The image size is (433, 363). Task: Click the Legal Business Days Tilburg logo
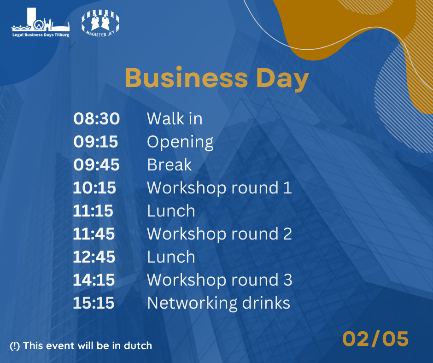(41, 23)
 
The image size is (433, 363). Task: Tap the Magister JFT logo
(100, 23)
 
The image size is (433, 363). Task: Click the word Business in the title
(186, 78)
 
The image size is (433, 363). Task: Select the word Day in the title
(282, 79)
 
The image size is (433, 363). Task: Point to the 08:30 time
(96, 118)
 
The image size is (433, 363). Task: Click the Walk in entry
(175, 118)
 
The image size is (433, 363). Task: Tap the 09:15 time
(95, 141)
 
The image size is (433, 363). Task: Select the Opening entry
(180, 142)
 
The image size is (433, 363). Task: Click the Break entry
(169, 164)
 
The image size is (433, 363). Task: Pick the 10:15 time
(94, 187)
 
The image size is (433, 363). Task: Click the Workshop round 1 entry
(219, 187)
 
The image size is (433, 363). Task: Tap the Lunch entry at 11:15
(171, 211)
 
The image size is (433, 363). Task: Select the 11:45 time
(94, 234)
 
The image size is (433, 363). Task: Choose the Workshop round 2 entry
(219, 234)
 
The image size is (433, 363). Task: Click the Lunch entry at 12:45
(171, 257)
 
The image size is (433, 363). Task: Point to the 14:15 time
(94, 280)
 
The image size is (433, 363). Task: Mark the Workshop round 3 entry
(220, 280)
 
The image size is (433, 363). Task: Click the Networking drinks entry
(218, 303)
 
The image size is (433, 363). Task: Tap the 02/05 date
(375, 339)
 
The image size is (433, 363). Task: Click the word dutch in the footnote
(138, 345)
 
